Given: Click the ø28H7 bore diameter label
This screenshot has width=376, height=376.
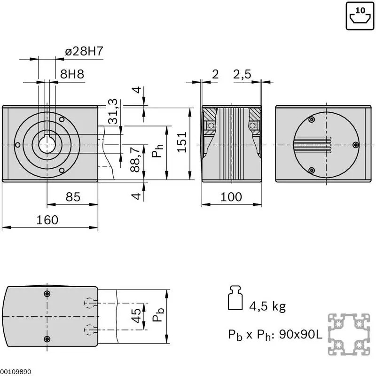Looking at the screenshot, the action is [84, 51].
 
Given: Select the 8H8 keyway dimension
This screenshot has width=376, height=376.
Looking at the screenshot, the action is [72, 74].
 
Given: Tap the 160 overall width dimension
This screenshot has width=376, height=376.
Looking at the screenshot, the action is [47, 220].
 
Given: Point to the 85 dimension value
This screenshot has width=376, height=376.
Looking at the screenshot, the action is [73, 197].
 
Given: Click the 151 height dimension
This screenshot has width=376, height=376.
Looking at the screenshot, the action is [182, 142].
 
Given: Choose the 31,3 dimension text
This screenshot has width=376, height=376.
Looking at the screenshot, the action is [113, 111].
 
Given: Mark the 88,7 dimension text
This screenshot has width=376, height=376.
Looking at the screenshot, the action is [135, 159].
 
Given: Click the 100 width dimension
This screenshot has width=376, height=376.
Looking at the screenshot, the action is [231, 197].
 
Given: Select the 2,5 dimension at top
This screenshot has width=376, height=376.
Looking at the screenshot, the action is [242, 74].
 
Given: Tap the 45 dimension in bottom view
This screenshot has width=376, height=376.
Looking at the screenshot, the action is [136, 315].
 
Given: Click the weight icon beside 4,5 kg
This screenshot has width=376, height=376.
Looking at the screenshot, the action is [235, 298].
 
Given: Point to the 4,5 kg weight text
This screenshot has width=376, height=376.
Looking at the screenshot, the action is [267, 306].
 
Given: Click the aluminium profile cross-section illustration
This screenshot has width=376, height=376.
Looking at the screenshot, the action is [349, 334].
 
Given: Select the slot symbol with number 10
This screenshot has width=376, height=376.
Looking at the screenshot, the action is [360, 16].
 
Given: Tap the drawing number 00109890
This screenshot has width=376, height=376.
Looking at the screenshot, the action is [16, 372].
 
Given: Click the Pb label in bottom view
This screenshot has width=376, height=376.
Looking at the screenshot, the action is [158, 315].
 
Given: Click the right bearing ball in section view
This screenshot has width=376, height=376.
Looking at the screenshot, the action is [252, 125].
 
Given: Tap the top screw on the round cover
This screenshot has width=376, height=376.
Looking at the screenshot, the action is [312, 119].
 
